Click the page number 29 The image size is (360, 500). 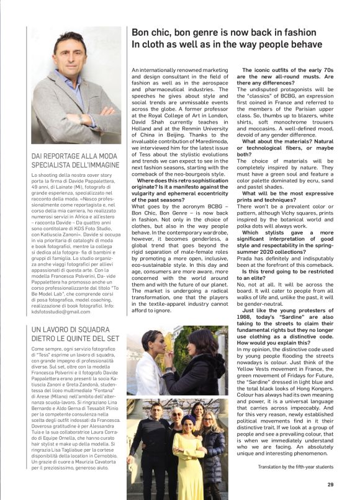pyautogui.click(x=332, y=485)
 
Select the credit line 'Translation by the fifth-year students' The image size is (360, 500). pyautogui.click(x=297, y=467)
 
